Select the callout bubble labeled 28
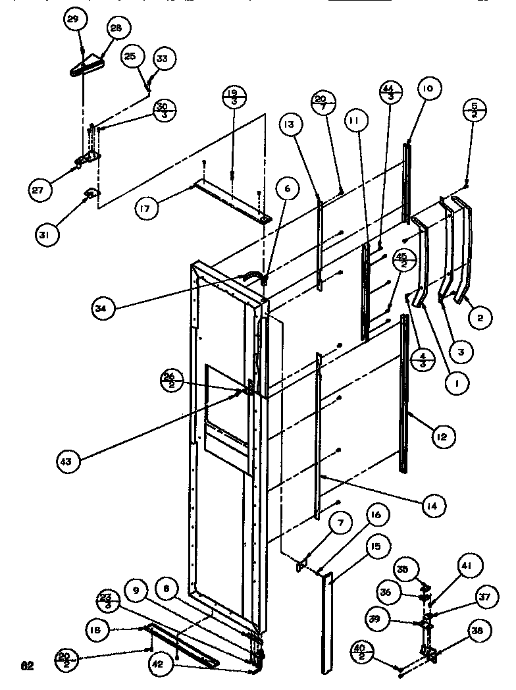(116, 30)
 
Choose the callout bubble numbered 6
(286, 189)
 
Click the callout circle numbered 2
(482, 319)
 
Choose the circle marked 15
(376, 547)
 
